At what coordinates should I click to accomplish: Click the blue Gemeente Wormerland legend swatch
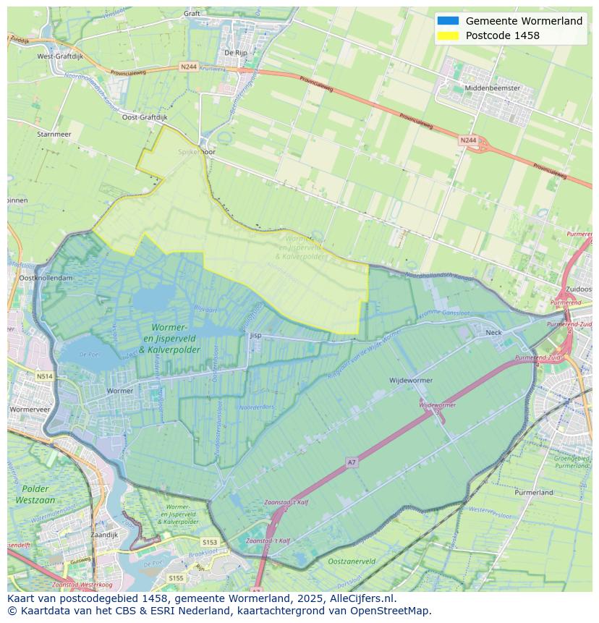point(448,21)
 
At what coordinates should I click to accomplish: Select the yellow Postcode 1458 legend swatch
point(448,35)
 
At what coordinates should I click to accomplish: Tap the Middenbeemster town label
point(493,88)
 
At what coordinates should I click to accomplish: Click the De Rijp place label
point(237,52)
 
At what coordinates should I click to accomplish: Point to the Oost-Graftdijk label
point(144,116)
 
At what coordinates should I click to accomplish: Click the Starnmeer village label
point(54,134)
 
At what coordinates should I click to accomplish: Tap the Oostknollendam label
point(46,278)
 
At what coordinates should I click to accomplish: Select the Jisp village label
point(255,336)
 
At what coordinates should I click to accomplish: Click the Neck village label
point(493,332)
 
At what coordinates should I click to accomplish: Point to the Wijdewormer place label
point(410,380)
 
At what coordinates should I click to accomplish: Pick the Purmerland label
point(533,492)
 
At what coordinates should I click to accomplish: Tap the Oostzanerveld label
point(351,561)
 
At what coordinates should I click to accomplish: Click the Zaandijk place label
point(104,535)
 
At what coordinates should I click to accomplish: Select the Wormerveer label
point(30,409)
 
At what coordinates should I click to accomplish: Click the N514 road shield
point(45,376)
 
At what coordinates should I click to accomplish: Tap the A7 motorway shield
point(352,462)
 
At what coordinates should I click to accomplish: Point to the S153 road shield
point(210,542)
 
